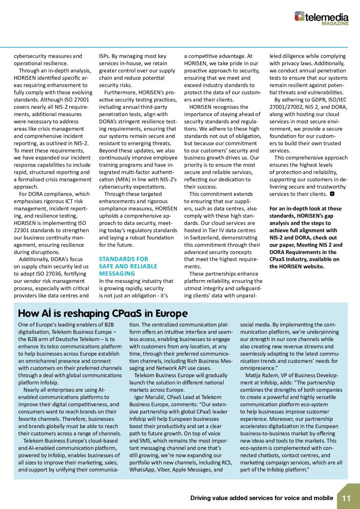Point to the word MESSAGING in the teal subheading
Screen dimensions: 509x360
(117, 273)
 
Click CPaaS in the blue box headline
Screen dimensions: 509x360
(125, 313)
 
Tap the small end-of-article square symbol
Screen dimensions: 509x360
(332, 193)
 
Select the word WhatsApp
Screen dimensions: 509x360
(142, 469)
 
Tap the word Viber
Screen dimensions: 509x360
(165, 469)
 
